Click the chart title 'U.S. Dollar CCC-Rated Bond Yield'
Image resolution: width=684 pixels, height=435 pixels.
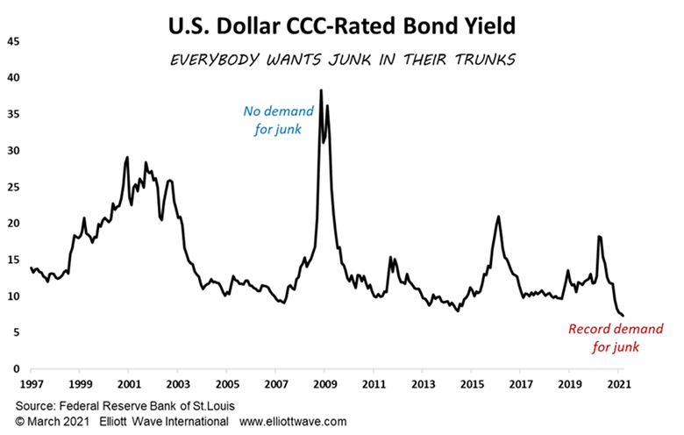(x=342, y=27)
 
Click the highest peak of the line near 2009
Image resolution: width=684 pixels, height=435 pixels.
(x=321, y=90)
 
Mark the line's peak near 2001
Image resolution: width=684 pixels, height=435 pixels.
(x=127, y=158)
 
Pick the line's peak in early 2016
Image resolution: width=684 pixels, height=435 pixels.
(x=498, y=217)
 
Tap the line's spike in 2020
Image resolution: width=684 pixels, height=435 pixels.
(x=599, y=237)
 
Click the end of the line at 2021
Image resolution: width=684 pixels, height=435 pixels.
(x=623, y=316)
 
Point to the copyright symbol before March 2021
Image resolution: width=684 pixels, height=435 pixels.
(x=19, y=422)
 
